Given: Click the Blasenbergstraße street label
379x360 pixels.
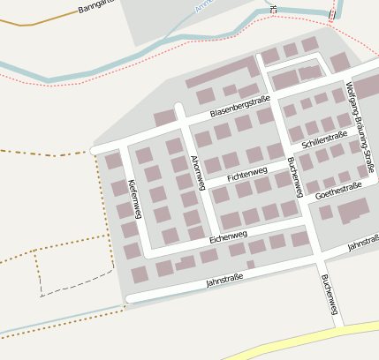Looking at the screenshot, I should click(x=240, y=109).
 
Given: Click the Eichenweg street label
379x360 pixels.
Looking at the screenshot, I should click(x=229, y=236).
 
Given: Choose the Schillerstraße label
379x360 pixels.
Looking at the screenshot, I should click(x=324, y=139).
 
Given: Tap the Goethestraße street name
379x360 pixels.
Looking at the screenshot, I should click(x=338, y=188).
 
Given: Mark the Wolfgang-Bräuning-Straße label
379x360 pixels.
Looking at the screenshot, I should click(x=360, y=126).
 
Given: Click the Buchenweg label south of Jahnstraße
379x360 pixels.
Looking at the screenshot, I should click(x=329, y=295).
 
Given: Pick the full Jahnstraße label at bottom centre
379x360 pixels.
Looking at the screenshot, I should click(x=224, y=281).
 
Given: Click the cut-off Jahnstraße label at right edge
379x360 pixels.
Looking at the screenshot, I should click(x=363, y=243).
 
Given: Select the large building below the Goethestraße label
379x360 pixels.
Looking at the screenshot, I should click(x=353, y=210).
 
